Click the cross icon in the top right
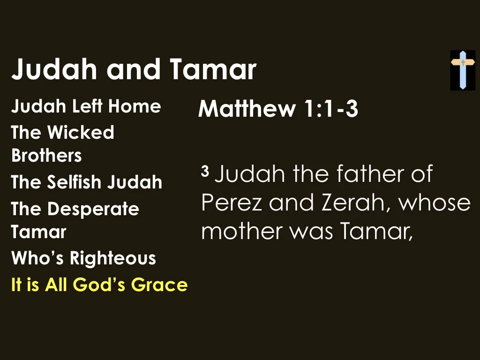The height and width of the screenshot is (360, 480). click(463, 70)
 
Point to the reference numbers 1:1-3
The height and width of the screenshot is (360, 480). click(330, 109)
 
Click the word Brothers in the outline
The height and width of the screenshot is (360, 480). click(46, 156)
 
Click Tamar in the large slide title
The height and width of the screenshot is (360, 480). click(213, 69)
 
